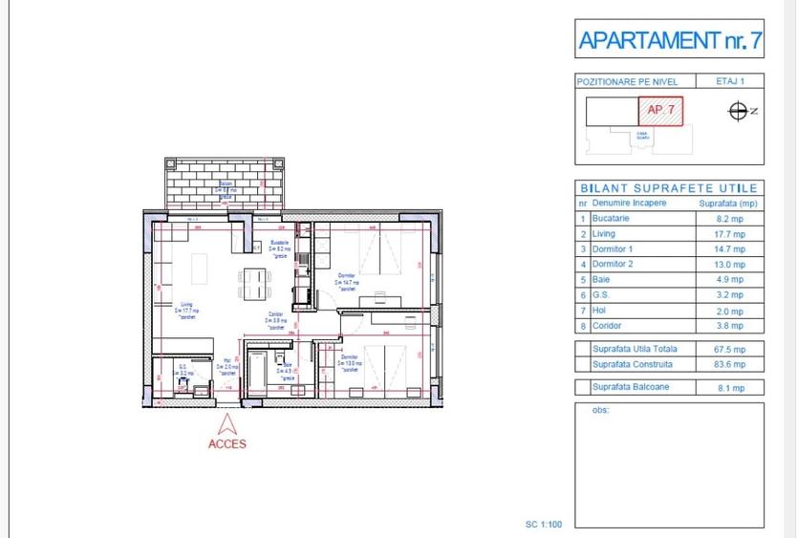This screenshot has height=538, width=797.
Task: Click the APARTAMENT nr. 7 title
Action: tap(669, 41)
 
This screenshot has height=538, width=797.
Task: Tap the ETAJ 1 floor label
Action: tap(729, 82)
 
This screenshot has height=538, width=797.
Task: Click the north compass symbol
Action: tap(738, 112)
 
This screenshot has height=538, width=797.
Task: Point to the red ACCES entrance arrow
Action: tap(227, 424)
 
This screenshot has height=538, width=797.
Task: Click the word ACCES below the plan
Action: tap(227, 444)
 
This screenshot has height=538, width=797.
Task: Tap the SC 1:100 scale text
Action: tap(544, 524)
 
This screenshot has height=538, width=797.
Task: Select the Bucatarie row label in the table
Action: tap(613, 218)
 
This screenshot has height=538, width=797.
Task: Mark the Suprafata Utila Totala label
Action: tap(633, 350)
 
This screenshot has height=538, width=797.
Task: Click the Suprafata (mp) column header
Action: tap(728, 204)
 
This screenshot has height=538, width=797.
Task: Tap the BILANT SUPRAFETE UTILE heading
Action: tap(669, 188)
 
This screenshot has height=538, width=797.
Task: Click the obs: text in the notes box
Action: tap(601, 411)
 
